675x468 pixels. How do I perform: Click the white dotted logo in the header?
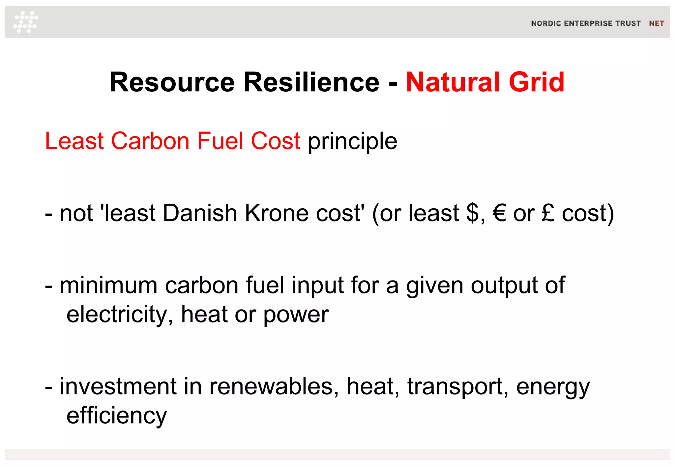pos(26,22)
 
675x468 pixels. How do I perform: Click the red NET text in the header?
pos(656,23)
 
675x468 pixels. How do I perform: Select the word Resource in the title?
pos(172,82)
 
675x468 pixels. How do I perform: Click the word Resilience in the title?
pos(311,82)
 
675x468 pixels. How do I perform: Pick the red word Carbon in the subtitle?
pos(150,141)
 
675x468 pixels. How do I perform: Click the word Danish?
pos(200,213)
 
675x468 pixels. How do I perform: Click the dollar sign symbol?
pos(473,213)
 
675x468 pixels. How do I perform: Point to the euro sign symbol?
pos(499,213)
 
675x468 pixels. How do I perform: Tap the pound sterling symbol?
pos(548,213)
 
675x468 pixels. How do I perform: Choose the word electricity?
pos(120,315)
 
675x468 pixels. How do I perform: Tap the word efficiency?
pos(117,416)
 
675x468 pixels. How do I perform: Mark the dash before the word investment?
pos(48,387)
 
